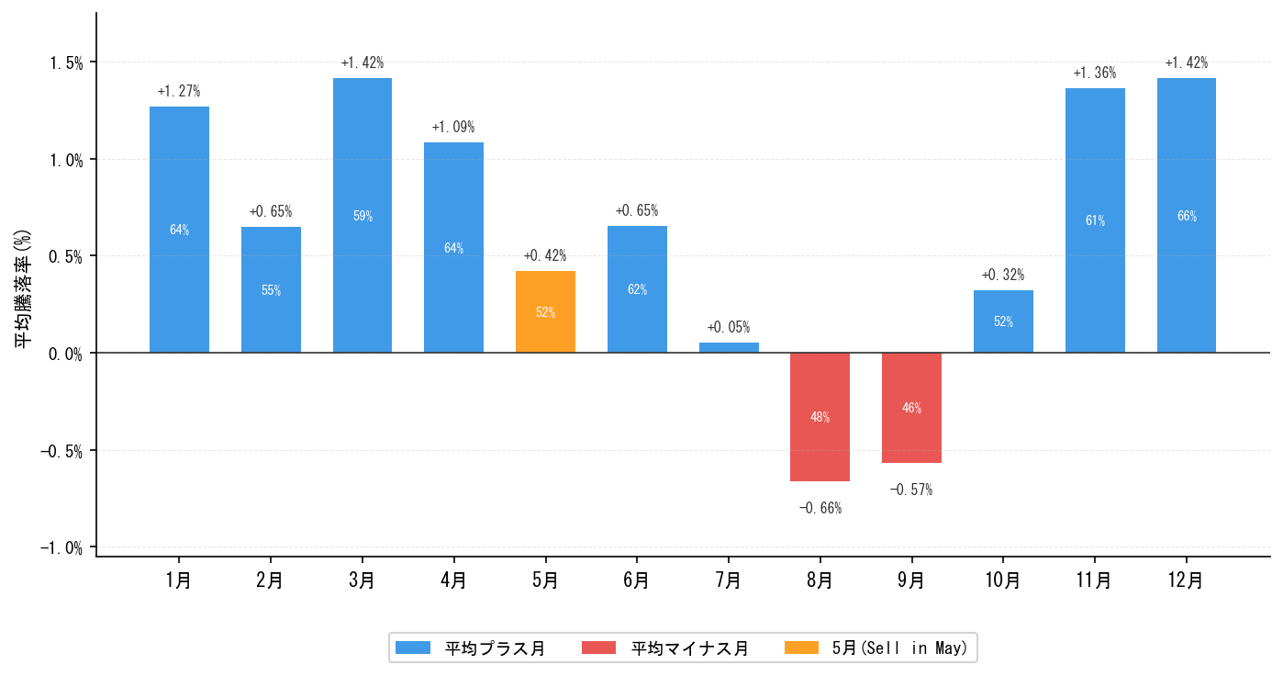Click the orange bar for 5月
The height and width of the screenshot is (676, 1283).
(545, 311)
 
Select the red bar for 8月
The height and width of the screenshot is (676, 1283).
(820, 417)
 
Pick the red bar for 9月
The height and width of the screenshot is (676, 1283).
(911, 408)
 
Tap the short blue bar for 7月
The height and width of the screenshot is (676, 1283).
(729, 347)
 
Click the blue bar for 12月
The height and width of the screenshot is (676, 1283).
(1186, 216)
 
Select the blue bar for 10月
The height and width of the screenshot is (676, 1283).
(1003, 321)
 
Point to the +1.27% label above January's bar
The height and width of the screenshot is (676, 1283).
(179, 92)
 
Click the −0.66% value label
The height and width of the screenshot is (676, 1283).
(820, 508)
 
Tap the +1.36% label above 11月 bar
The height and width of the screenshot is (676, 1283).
(1094, 73)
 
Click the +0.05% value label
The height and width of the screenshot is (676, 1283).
(729, 327)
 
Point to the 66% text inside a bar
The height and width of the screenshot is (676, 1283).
(1186, 217)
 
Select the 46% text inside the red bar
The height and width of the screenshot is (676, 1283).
(911, 408)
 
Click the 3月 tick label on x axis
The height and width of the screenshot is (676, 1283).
(362, 580)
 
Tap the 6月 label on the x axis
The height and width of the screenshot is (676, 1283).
(636, 580)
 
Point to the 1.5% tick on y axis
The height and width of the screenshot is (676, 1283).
(66, 62)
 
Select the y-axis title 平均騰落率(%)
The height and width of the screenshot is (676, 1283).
(22, 288)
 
